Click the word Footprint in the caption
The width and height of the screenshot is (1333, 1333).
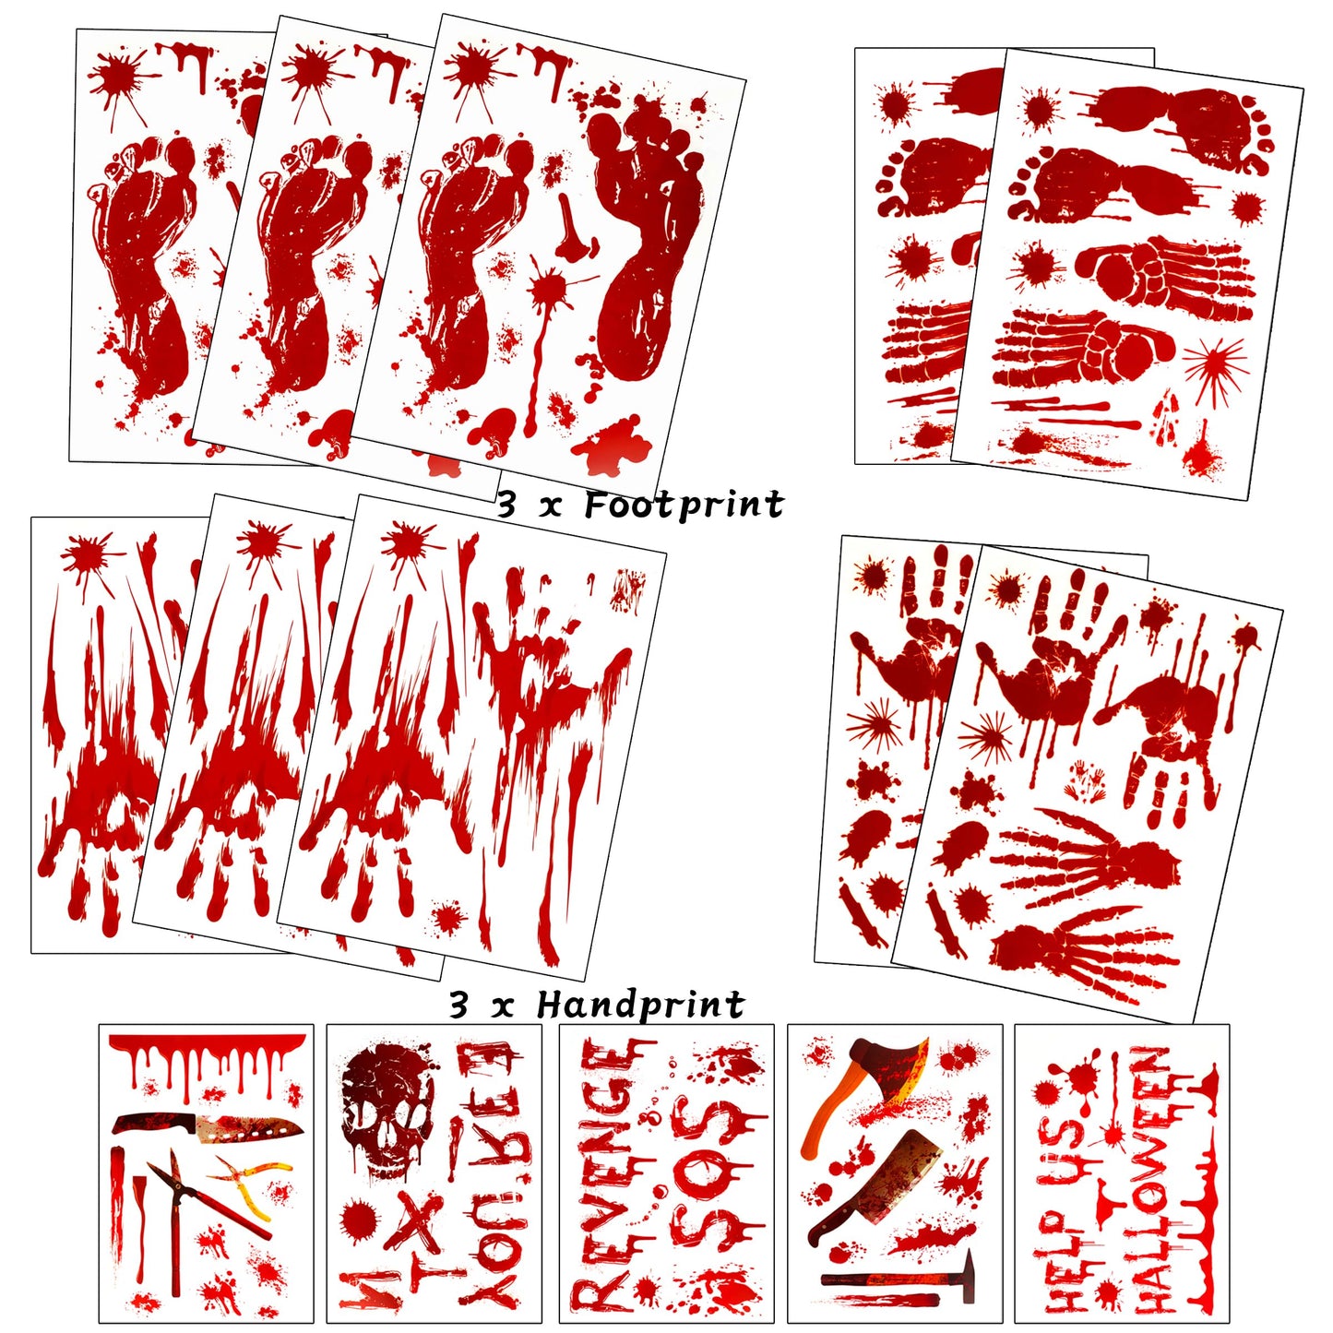pos(684,506)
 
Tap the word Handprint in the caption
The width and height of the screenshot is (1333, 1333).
pos(640,1005)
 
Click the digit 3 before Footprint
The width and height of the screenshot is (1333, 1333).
pos(506,506)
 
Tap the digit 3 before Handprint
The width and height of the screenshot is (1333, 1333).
pos(458,1005)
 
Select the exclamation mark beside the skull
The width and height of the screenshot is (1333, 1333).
pos(455,1149)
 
